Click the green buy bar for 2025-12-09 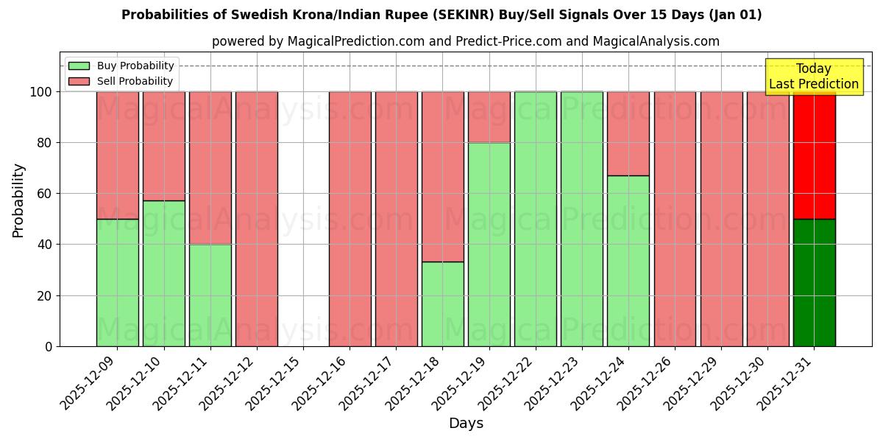117,282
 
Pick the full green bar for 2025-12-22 536,219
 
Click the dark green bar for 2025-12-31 814,282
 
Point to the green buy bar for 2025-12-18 443,304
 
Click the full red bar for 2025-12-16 350,219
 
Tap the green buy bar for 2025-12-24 628,261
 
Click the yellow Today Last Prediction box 814,77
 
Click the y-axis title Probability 18,200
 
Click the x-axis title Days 466,424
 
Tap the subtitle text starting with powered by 466,41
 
